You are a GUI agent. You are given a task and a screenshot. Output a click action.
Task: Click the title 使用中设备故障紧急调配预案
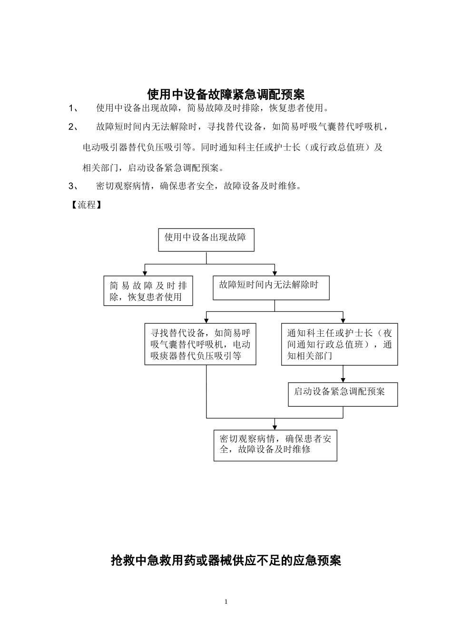tap(226, 94)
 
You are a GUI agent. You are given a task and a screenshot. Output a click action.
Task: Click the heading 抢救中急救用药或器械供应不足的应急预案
tap(226, 560)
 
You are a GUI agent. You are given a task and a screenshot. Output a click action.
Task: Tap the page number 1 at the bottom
tap(226, 602)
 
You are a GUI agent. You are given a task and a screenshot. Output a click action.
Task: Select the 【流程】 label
tap(86, 205)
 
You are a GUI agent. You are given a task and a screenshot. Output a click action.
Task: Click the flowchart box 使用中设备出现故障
tap(206, 240)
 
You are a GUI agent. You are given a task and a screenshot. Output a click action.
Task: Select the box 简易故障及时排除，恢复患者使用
tap(148, 291)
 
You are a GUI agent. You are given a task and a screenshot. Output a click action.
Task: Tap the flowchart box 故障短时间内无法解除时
tap(271, 288)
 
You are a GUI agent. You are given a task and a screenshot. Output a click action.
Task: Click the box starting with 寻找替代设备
tap(200, 344)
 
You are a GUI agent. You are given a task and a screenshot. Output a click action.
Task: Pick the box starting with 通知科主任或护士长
tap(339, 345)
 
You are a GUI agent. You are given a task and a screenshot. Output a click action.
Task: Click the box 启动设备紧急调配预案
tap(343, 394)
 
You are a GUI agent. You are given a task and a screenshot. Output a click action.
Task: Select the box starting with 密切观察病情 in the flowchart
tap(275, 445)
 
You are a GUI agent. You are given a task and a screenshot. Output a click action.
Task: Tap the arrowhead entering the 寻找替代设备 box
tap(206, 320)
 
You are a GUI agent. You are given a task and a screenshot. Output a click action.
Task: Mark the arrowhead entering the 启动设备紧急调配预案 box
tap(343, 379)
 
